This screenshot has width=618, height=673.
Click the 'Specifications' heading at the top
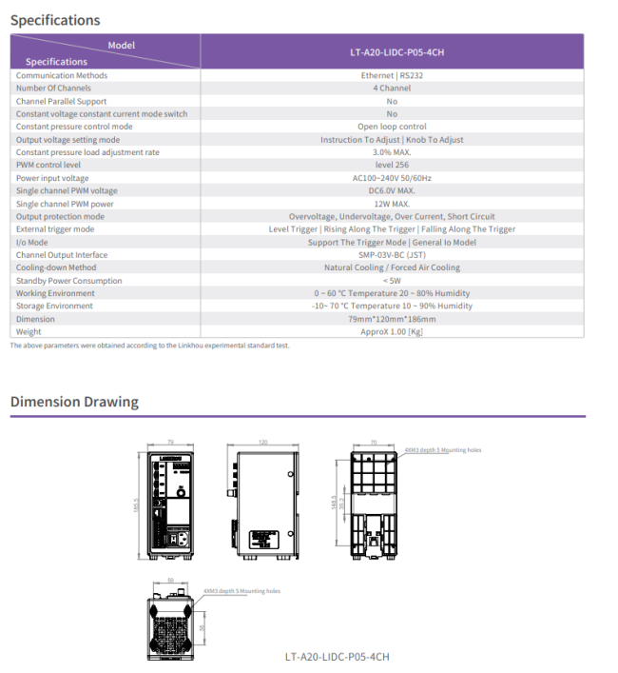point(55,20)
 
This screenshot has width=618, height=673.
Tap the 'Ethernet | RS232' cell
point(392,75)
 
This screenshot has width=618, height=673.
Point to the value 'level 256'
point(392,165)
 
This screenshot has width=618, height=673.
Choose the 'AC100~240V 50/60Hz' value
point(392,178)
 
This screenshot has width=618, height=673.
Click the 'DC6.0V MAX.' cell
point(392,190)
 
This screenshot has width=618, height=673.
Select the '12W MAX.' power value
point(392,204)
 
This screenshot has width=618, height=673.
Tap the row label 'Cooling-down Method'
point(56,267)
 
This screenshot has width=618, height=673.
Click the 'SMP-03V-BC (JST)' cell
point(392,255)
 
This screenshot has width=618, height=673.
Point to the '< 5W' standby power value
point(392,281)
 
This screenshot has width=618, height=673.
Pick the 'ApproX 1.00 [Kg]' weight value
point(392,332)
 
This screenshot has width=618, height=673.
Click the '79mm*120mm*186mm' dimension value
point(392,319)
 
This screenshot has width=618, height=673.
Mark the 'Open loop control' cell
point(392,127)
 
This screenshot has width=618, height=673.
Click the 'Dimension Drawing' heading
point(74,402)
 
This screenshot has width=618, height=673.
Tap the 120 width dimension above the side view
point(262,443)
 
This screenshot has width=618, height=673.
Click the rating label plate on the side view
point(264,539)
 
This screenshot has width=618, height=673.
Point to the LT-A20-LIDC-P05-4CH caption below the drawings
point(338,657)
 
